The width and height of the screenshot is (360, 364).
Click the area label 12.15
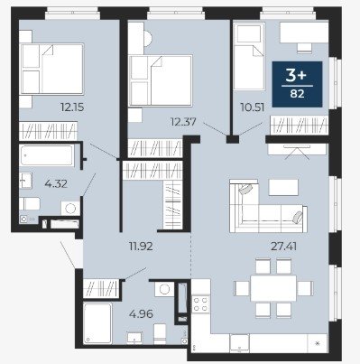(72, 107)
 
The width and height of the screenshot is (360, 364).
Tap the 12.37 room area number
(183, 122)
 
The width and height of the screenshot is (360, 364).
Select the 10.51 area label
(253, 107)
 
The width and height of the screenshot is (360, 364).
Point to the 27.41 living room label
(284, 247)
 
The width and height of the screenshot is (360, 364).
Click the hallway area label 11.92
(141, 247)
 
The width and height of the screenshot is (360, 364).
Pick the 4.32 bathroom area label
(56, 183)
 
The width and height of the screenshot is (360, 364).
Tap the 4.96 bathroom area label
(141, 314)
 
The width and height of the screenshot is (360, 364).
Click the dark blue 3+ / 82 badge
(297, 84)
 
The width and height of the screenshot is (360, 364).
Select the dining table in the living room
(273, 288)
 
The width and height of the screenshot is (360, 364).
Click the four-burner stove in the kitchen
(201, 303)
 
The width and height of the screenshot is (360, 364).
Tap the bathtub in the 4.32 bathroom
(47, 155)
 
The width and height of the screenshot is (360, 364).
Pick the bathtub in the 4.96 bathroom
(97, 323)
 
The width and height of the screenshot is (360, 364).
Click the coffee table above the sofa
(283, 187)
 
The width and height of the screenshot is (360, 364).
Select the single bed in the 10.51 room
(249, 57)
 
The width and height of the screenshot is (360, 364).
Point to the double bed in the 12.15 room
(51, 69)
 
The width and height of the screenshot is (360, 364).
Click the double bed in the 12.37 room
(161, 80)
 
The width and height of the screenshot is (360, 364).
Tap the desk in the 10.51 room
(304, 33)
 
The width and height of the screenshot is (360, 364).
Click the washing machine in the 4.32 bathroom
(70, 209)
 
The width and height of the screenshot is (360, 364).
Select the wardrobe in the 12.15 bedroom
(48, 131)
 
